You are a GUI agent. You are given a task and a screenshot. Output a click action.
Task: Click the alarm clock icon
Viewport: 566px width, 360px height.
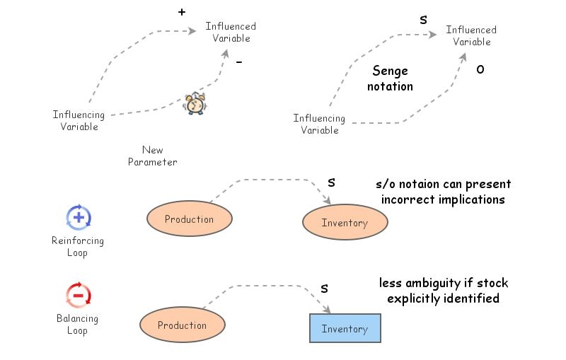point(195,103)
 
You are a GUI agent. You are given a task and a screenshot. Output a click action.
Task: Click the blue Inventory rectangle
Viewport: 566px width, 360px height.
point(345,329)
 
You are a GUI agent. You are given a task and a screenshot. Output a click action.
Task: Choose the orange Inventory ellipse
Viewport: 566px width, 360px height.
point(345,223)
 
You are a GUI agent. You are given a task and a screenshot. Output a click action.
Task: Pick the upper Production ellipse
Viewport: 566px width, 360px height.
point(189,219)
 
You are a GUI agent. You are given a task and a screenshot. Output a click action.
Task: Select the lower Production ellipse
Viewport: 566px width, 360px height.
point(182,325)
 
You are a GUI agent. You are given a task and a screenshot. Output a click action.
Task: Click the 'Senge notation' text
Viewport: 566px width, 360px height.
point(390,79)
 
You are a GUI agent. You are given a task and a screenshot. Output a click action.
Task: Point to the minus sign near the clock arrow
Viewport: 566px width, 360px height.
point(238,62)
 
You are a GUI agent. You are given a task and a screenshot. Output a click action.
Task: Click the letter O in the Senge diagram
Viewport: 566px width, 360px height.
point(480,69)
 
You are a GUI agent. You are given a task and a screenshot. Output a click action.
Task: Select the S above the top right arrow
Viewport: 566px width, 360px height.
point(423,21)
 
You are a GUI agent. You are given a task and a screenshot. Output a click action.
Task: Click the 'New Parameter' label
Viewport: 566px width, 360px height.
point(152,156)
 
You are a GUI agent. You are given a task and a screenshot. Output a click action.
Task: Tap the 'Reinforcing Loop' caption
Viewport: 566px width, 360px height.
point(77,246)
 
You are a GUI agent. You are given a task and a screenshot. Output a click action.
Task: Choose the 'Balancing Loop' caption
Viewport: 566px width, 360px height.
point(77,324)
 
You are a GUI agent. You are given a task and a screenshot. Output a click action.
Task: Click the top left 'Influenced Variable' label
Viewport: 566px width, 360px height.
point(231,32)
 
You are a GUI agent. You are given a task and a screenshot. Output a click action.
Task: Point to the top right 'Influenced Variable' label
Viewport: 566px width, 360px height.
point(471,35)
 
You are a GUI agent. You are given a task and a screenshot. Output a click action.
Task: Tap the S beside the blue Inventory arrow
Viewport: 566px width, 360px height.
point(324,288)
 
